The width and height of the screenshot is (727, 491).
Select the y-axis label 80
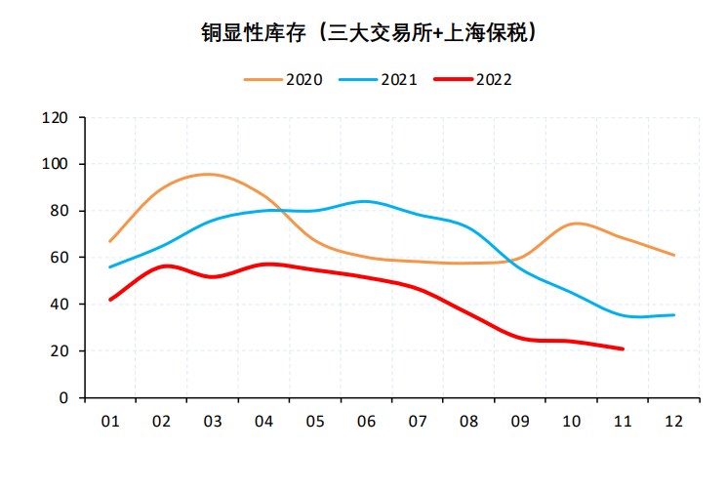(60, 211)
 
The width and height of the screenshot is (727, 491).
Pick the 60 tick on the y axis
(60, 258)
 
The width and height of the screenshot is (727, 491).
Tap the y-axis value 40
(60, 305)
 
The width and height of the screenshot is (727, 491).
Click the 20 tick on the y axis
(60, 351)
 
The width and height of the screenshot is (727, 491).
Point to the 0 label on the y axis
(63, 398)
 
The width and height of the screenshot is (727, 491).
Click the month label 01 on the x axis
(110, 422)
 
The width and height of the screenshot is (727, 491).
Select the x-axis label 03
(213, 422)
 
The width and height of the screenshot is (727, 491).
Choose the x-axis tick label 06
(366, 422)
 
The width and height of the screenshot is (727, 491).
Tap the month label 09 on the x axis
(519, 422)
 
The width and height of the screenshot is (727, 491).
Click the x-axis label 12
(673, 422)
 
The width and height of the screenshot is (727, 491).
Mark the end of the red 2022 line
(623, 348)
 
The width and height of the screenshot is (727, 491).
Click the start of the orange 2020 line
(110, 240)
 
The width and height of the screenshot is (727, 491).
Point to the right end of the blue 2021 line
(673, 314)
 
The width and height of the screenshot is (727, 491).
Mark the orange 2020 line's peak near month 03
(207, 174)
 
